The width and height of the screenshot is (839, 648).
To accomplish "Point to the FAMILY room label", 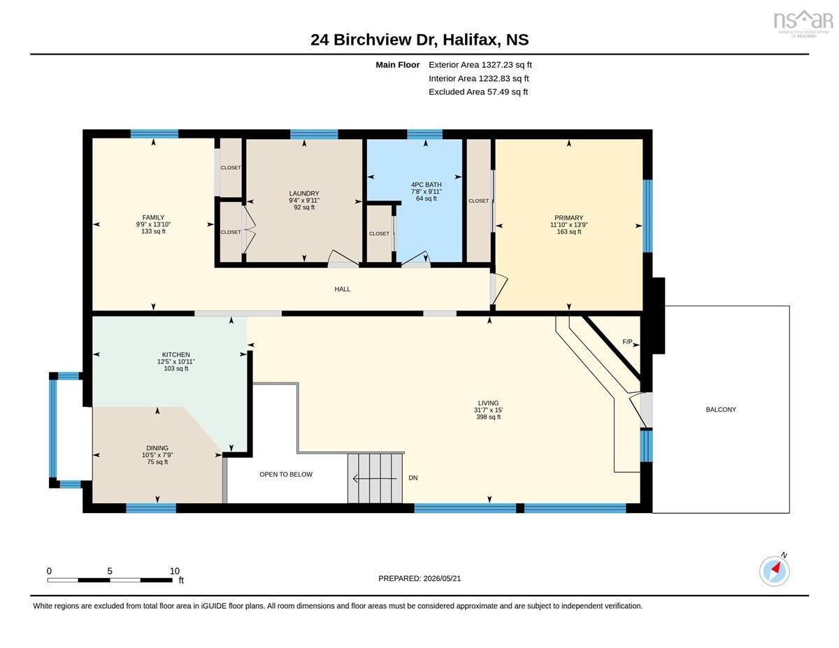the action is pyautogui.click(x=153, y=217).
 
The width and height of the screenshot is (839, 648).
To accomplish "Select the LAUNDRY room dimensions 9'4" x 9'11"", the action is pyautogui.click(x=304, y=201).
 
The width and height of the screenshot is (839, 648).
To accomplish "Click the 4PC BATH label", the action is pyautogui.click(x=426, y=185).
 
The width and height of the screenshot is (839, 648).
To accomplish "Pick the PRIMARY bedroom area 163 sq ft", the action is pyautogui.click(x=568, y=231).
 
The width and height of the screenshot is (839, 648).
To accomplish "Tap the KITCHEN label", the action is pyautogui.click(x=176, y=354).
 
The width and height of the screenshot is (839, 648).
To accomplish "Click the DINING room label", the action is pyautogui.click(x=157, y=448).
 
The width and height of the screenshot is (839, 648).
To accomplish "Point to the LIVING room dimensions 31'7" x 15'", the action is pyautogui.click(x=489, y=410).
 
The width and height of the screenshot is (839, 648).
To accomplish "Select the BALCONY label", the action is pyautogui.click(x=721, y=410).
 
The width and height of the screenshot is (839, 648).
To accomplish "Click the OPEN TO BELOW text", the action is pyautogui.click(x=286, y=475).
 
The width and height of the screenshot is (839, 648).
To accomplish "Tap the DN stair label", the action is pyautogui.click(x=413, y=478).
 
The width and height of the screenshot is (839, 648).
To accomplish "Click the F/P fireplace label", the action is pyautogui.click(x=627, y=342).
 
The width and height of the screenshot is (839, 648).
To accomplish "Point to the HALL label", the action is pyautogui.click(x=343, y=289).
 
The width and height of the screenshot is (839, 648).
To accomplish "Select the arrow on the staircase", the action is pyautogui.click(x=375, y=479).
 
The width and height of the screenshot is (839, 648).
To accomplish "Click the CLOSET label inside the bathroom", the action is pyautogui.click(x=379, y=234).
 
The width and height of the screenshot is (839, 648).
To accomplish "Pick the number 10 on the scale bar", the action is pyautogui.click(x=175, y=571).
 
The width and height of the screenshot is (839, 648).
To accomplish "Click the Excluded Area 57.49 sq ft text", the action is pyautogui.click(x=478, y=92).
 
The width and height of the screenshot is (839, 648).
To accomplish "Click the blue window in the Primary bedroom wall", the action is pyautogui.click(x=647, y=216).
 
